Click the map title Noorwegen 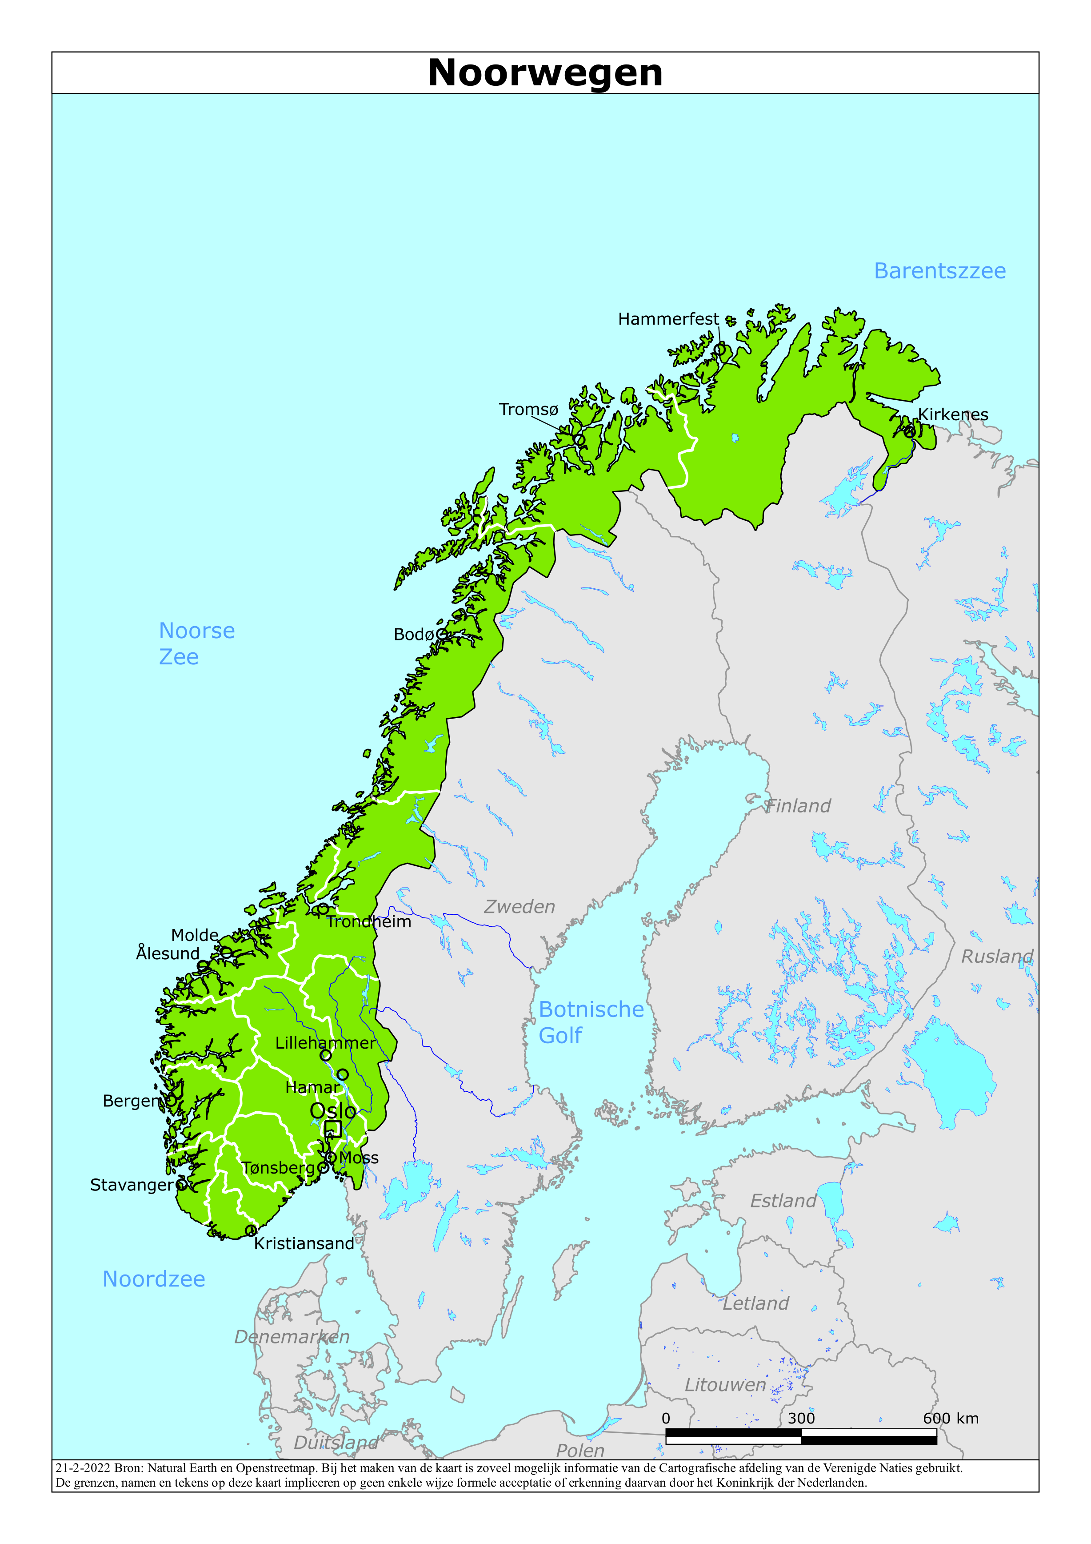click(x=545, y=72)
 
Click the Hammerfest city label click(x=668, y=319)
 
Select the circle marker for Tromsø click(x=579, y=440)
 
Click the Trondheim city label click(x=368, y=922)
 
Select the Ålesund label click(x=168, y=953)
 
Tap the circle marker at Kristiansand click(x=250, y=1230)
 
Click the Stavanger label click(x=132, y=1185)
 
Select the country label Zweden click(x=520, y=907)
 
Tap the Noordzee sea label click(x=153, y=1279)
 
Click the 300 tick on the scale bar click(x=801, y=1419)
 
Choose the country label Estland click(x=783, y=1201)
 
